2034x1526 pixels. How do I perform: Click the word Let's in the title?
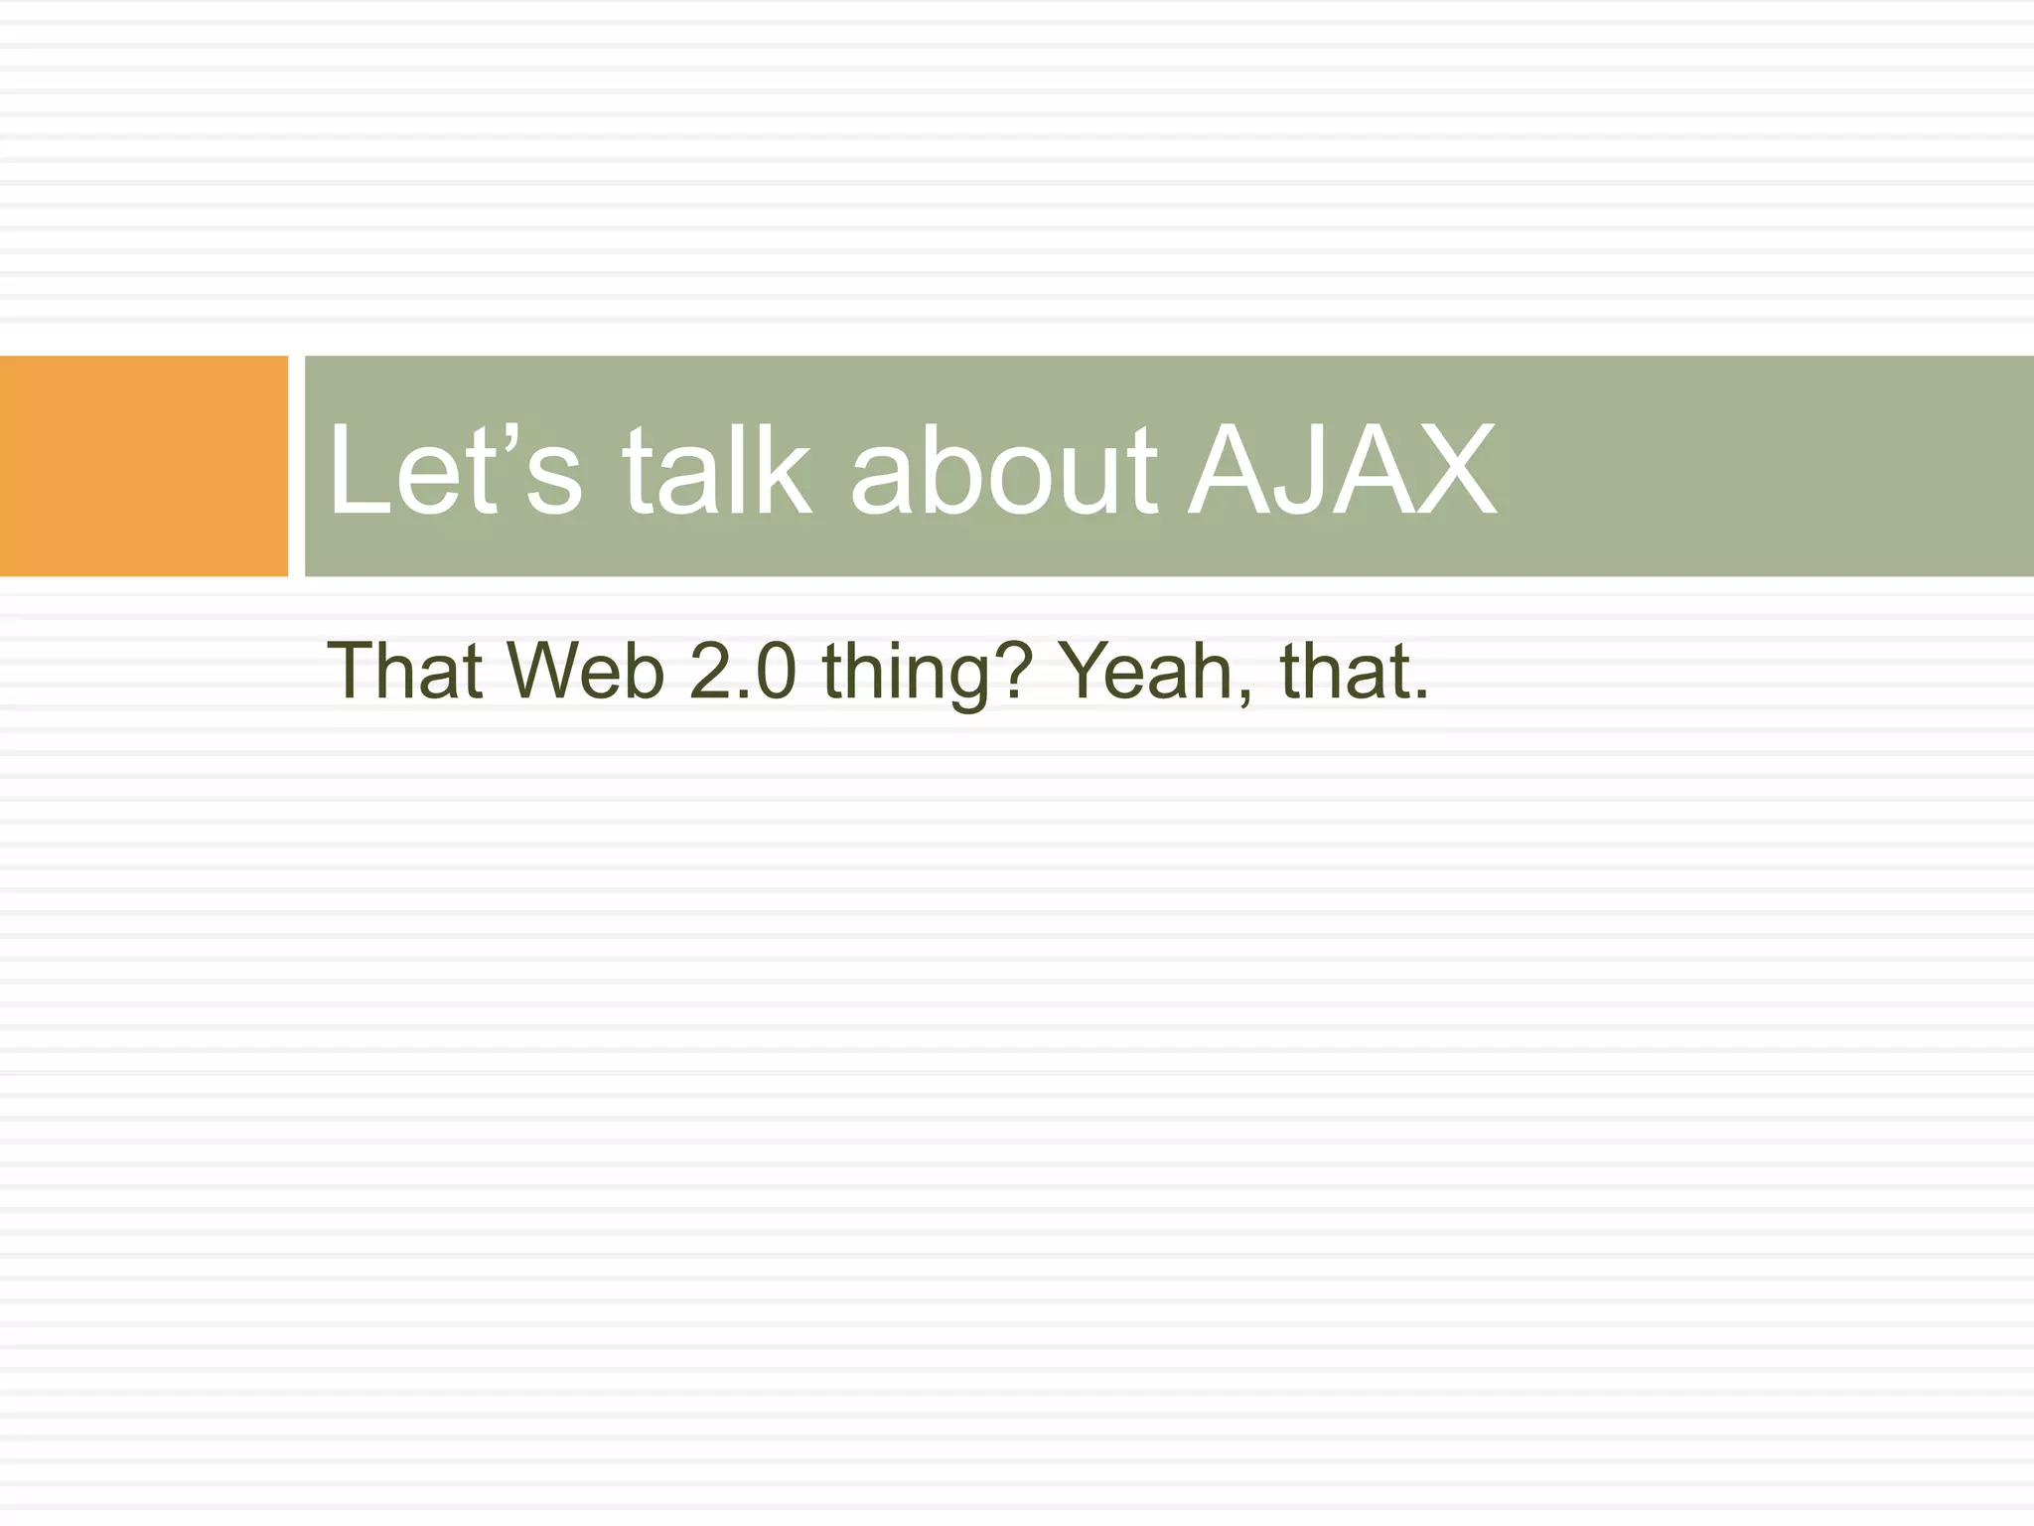(x=454, y=469)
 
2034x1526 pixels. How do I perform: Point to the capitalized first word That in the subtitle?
(x=405, y=672)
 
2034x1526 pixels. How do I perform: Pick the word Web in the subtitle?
(x=586, y=672)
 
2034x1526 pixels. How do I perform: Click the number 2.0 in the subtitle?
(x=743, y=672)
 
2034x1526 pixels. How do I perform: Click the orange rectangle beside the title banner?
(x=143, y=466)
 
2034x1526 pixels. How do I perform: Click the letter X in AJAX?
(x=1450, y=469)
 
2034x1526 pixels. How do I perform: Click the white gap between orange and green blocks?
(x=296, y=466)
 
